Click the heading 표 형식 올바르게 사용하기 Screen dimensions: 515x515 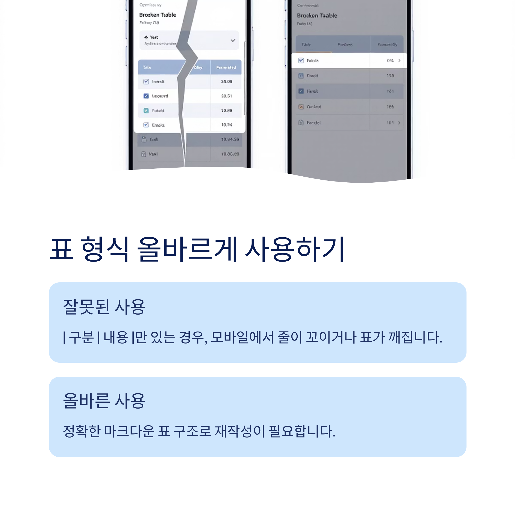[x=197, y=249]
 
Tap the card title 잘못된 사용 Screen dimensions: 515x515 [x=104, y=307]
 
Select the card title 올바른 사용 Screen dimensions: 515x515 [x=104, y=401]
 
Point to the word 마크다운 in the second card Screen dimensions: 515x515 [x=129, y=431]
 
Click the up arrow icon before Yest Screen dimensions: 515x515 [x=146, y=37]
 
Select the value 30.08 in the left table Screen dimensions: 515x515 [x=227, y=82]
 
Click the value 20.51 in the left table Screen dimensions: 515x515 [x=227, y=96]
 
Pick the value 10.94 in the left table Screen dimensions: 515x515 [x=227, y=125]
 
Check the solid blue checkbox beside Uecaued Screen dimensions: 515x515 [x=146, y=96]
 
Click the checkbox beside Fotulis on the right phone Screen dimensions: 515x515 [x=301, y=61]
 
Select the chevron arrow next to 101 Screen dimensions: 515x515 [x=399, y=123]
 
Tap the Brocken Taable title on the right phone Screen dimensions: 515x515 [x=317, y=16]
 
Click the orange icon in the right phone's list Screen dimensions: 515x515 [x=301, y=107]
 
